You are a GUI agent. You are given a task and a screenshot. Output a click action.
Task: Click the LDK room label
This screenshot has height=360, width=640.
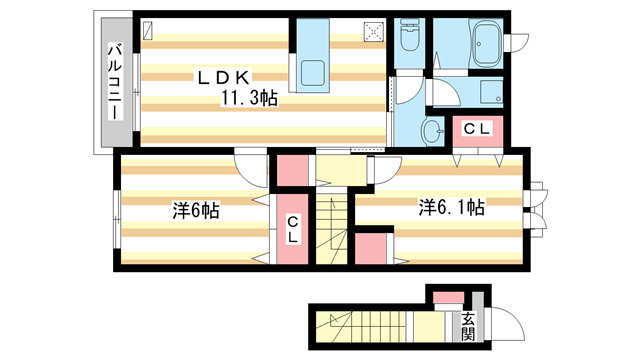pos(223,78)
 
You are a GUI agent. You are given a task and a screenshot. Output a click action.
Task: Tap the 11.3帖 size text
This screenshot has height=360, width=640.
pos(249,98)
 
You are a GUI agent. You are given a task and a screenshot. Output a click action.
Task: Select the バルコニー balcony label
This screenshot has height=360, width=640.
pos(116,82)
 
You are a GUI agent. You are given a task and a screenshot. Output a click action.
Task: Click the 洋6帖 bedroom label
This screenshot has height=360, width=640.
pos(196,211)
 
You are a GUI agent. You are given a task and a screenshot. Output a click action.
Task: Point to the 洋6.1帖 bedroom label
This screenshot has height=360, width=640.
pos(451,207)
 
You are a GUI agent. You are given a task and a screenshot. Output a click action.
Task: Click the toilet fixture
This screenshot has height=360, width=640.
pos(409,35)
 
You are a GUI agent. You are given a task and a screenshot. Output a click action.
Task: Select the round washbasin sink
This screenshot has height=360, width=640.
pos(431,131)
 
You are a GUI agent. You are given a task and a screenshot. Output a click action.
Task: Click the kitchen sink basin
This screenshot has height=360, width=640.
pos(313,73)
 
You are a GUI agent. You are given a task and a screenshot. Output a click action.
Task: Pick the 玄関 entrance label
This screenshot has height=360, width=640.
pos(468,327)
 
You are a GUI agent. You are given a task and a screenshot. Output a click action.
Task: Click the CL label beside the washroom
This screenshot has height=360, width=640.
pos(477,129)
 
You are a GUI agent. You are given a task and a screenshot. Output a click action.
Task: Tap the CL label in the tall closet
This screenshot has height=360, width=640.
pos(292,230)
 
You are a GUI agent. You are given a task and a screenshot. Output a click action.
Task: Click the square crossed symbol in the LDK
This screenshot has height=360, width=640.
pos(374,32)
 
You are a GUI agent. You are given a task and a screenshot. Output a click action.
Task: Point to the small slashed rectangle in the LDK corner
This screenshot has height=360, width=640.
pos(148,30)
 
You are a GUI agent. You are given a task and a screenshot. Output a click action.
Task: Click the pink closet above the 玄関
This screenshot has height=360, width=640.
pos(449,298)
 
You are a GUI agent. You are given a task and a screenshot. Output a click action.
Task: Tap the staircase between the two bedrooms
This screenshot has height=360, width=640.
pos(331,229)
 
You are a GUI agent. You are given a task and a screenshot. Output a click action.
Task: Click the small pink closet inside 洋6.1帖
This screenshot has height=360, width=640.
pos(371,249)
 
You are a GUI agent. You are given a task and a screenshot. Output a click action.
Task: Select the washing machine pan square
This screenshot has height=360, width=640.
pos(491,91)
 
